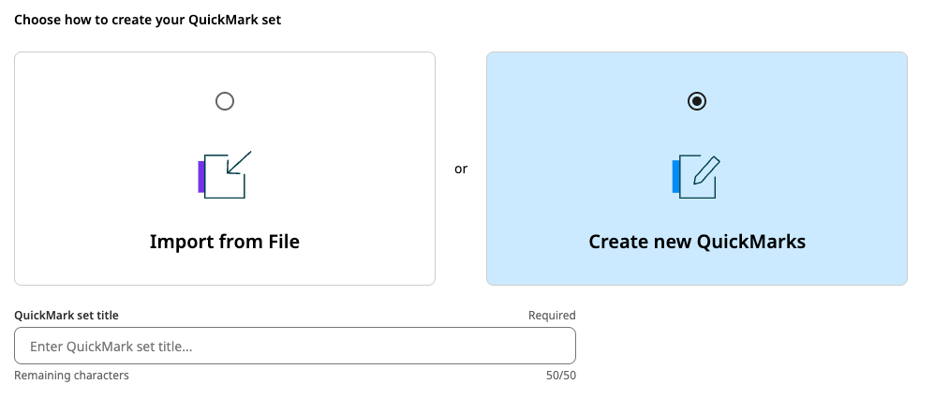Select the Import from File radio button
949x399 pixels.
click(x=225, y=101)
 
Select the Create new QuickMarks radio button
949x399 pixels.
click(x=697, y=101)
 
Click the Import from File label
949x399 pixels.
click(x=225, y=242)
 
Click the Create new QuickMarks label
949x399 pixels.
click(x=697, y=242)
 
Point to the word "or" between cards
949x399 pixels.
click(x=461, y=170)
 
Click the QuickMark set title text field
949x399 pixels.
click(x=295, y=347)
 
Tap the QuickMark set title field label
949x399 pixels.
click(x=67, y=316)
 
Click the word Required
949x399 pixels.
click(x=552, y=316)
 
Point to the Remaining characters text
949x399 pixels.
click(x=71, y=376)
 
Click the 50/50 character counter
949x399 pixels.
click(x=560, y=376)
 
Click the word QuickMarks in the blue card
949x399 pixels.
click(x=751, y=242)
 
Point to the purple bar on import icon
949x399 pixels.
click(x=201, y=176)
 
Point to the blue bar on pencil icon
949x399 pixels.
click(x=675, y=177)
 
